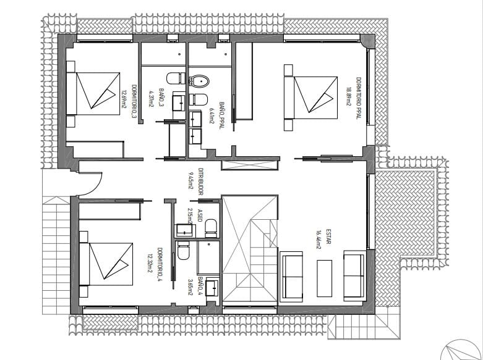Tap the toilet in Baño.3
pyautogui.click(x=174, y=78)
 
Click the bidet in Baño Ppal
pyautogui.click(x=199, y=99)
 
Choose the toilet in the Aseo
pyautogui.click(x=210, y=227)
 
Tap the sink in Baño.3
pyautogui.click(x=177, y=102)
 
